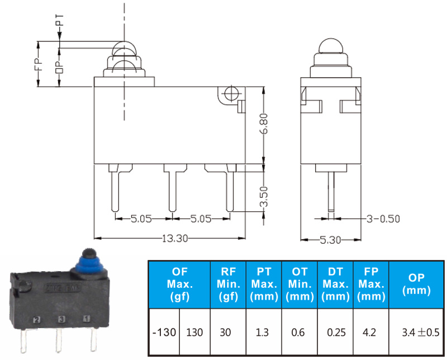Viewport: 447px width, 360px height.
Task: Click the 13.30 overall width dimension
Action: [175, 238]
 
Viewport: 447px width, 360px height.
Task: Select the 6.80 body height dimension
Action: [264, 123]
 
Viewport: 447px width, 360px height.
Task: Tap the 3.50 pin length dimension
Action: [264, 196]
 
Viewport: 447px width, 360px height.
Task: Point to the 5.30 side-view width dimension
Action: [330, 240]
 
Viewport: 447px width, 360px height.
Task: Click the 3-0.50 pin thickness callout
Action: [383, 219]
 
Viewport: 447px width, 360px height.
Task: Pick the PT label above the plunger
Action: [60, 20]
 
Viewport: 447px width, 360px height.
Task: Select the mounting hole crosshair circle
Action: [230, 93]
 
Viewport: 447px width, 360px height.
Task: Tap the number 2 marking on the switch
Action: [36, 320]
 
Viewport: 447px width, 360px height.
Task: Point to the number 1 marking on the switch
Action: [87, 318]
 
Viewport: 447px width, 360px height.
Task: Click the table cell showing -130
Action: [164, 333]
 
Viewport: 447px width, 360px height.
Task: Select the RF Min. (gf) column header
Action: [228, 284]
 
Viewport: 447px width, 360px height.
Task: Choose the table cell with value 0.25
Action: [336, 333]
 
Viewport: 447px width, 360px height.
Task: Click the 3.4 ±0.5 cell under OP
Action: [421, 333]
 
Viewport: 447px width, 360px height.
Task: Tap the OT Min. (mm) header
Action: [299, 284]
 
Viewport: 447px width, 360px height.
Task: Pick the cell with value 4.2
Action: [369, 333]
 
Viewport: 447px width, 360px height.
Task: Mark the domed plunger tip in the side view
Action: [331, 46]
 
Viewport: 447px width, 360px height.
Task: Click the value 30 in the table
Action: [225, 333]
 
